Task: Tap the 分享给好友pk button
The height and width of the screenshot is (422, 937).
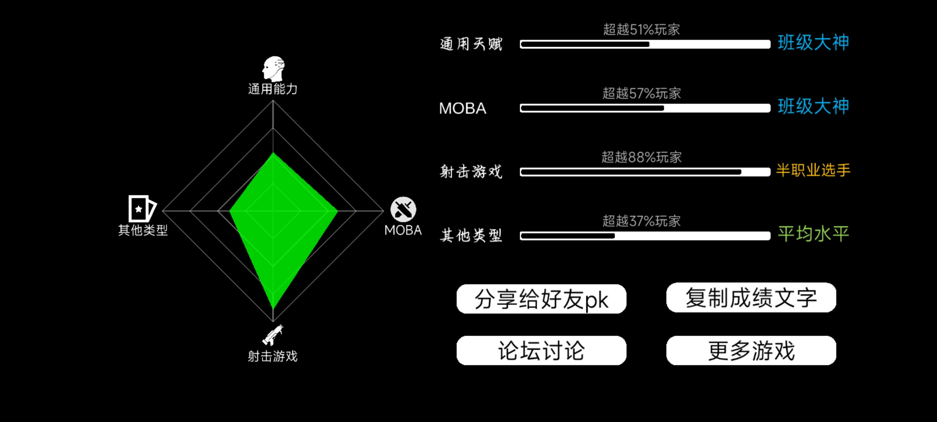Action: [542, 299]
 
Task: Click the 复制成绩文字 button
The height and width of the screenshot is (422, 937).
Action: [751, 297]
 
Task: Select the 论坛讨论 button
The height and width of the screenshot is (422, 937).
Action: [542, 350]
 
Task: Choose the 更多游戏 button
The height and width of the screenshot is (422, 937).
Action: [751, 350]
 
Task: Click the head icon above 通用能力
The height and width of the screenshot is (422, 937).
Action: [273, 69]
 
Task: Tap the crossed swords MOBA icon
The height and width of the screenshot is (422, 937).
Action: [403, 209]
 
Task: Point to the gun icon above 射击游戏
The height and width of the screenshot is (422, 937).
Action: [273, 335]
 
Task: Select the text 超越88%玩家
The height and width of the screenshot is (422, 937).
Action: [641, 157]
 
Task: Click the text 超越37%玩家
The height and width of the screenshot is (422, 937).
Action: [641, 221]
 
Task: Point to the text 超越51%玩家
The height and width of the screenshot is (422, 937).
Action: [641, 29]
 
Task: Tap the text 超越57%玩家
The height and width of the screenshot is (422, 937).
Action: [641, 93]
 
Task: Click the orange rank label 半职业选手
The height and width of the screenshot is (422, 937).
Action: [813, 170]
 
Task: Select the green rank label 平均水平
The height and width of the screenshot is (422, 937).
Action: [813, 234]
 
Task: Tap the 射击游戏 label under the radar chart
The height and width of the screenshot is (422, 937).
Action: [273, 356]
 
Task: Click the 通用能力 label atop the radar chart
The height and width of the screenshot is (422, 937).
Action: [273, 89]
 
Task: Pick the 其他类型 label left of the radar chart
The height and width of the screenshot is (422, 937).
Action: [143, 230]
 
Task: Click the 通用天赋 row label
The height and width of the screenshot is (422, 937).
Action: [471, 44]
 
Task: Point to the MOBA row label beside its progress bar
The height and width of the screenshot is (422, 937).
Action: [463, 108]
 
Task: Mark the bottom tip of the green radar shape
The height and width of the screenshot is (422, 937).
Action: [273, 309]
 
